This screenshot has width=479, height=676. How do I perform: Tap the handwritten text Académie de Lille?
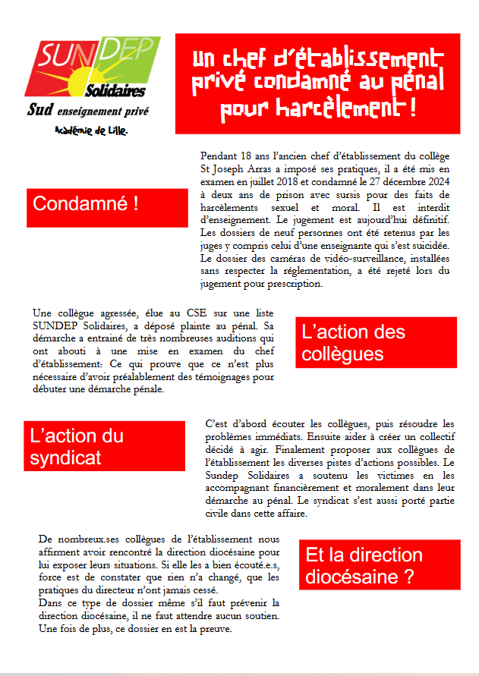92,130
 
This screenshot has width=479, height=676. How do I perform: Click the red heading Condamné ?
86,203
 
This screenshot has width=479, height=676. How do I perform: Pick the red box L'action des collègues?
376,343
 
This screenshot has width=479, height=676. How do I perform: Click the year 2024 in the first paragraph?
436,182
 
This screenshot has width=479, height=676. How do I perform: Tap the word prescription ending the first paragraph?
275,285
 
